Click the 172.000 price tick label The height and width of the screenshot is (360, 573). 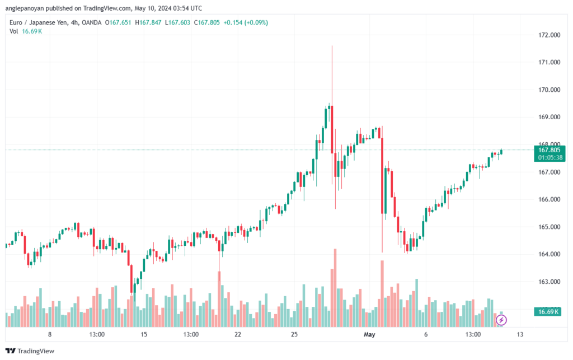(549, 35)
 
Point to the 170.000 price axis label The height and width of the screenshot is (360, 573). (549, 90)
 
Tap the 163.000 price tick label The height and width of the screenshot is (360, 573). (549, 282)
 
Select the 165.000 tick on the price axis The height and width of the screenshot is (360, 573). (549, 227)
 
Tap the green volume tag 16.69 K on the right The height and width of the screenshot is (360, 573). (548, 311)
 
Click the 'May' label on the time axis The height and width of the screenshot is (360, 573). (369, 335)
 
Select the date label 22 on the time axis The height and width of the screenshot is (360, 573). (238, 335)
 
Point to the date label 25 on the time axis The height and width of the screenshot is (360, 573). (294, 335)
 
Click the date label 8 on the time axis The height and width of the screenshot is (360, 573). (50, 335)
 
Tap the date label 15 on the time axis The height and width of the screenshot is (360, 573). (144, 335)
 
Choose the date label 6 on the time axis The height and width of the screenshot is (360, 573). (426, 335)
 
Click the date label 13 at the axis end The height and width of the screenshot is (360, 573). (520, 335)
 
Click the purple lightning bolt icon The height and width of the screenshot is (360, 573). (502, 320)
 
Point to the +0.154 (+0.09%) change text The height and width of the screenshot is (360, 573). (245, 22)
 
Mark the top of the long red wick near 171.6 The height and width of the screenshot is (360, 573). (332, 46)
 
